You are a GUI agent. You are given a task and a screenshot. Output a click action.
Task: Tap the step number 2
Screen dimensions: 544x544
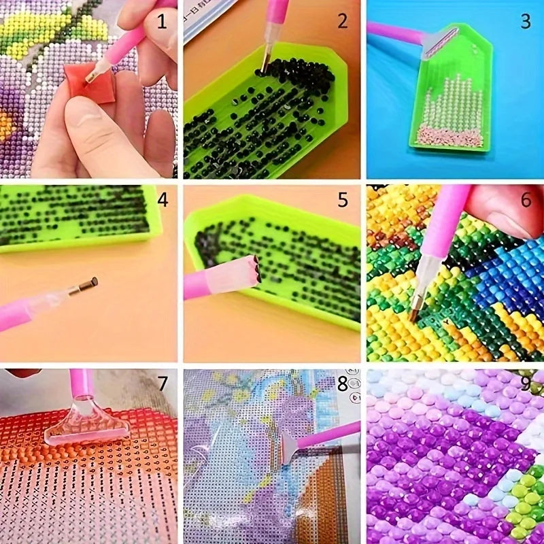click(x=343, y=21)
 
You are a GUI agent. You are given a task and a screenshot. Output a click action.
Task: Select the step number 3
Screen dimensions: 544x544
click(x=525, y=21)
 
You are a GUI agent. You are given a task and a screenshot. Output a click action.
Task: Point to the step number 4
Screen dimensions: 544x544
click(x=162, y=201)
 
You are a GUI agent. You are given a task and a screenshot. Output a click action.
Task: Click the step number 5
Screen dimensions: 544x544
click(x=343, y=200)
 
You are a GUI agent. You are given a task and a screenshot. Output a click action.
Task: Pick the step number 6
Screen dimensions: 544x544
click(x=525, y=201)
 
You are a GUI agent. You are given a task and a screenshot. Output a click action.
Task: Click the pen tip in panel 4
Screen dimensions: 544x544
click(x=86, y=284)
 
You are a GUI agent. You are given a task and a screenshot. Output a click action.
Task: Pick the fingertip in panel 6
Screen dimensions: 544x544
click(x=503, y=211)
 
